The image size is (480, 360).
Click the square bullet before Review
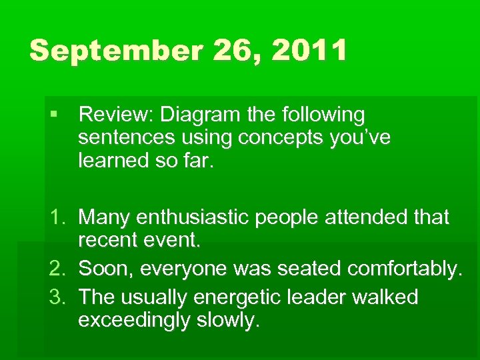click(54, 115)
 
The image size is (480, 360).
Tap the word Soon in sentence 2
click(101, 269)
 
